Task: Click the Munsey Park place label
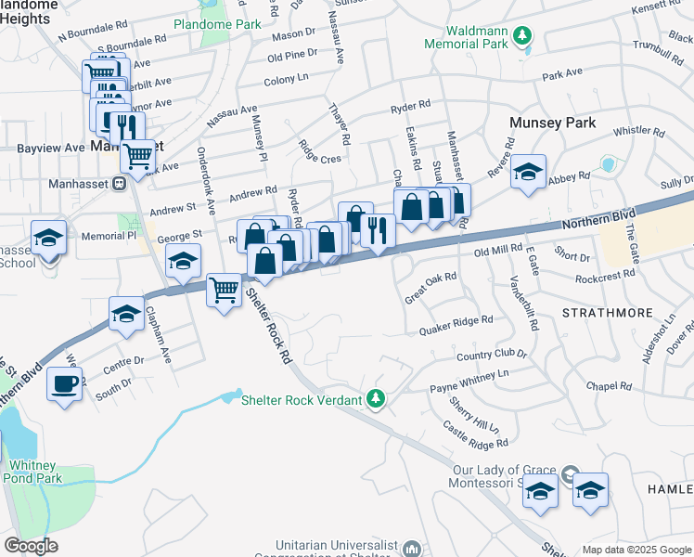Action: pos(552,123)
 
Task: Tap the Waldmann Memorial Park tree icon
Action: pos(523,35)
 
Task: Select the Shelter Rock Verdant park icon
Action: pos(376,400)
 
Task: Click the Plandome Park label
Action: pos(217,25)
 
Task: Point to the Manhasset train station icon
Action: pos(119,184)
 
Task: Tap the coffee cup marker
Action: pos(65,382)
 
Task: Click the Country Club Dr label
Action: pos(491,355)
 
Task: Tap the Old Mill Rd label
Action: pos(499,251)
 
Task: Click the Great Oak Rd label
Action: pos(431,288)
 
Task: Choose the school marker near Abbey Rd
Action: pos(528,172)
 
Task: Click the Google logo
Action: pos(31,546)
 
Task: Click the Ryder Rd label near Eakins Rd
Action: pos(411,107)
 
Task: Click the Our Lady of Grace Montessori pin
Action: pos(569,473)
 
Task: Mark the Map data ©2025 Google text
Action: pos(636,549)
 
